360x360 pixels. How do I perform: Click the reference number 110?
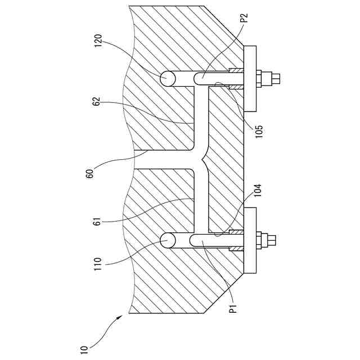coord(100,264)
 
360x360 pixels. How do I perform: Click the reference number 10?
coord(84,350)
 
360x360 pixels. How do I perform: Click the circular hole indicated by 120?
coord(168,79)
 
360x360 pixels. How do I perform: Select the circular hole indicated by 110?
coord(168,241)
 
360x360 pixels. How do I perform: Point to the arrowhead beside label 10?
coord(120,318)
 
